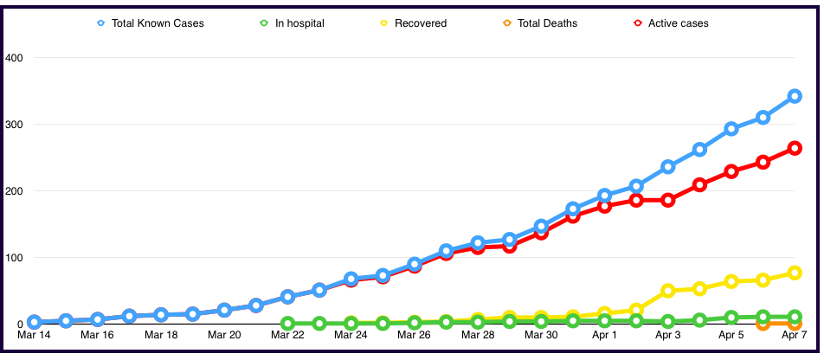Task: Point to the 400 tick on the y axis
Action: [x=15, y=58]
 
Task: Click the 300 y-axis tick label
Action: [x=15, y=125]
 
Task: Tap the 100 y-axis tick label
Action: [x=15, y=257]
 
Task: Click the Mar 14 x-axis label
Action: [x=34, y=334]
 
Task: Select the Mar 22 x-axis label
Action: [x=287, y=334]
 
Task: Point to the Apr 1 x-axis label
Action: [x=604, y=334]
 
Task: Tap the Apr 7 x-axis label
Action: [x=795, y=334]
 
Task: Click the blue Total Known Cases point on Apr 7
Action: [x=795, y=96]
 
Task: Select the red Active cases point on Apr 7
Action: [x=795, y=148]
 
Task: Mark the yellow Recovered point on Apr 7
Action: [x=795, y=273]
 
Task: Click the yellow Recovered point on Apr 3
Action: [x=668, y=291]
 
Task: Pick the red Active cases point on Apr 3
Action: [x=668, y=200]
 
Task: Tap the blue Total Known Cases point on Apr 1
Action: [x=604, y=196]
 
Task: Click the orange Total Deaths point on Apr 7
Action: [x=795, y=324]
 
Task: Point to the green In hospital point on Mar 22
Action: [x=287, y=324]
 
